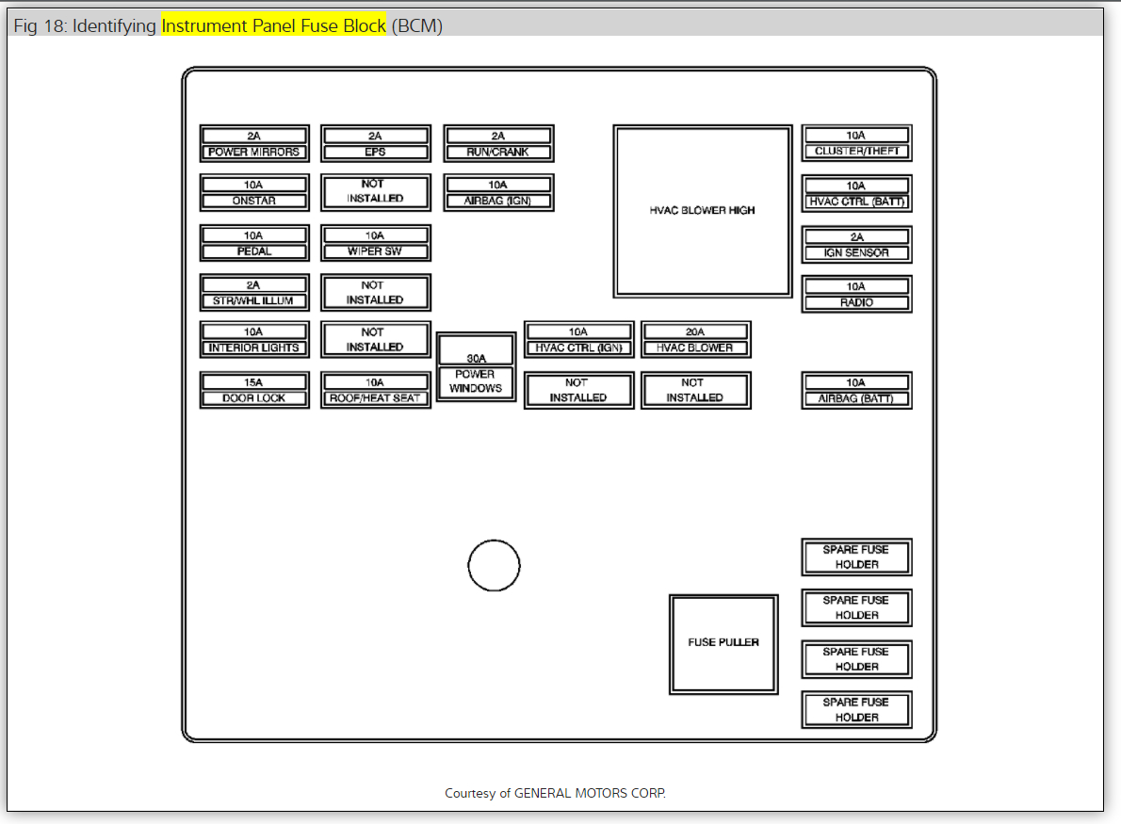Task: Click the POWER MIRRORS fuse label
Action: tap(253, 152)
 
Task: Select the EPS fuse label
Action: tap(375, 152)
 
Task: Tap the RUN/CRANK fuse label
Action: tap(498, 152)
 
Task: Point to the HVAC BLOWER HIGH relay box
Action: tap(702, 211)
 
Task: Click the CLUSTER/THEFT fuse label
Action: tap(856, 152)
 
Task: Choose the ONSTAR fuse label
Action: tap(253, 201)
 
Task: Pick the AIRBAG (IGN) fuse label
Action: tap(498, 201)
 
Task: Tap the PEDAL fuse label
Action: tap(253, 251)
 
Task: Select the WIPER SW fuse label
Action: tap(375, 251)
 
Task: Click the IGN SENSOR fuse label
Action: tap(856, 252)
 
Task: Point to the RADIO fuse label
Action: tap(856, 302)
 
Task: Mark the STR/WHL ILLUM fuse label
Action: tap(253, 301)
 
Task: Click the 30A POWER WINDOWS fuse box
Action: tap(476, 367)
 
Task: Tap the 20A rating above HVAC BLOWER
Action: tap(695, 331)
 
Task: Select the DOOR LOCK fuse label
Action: tap(253, 398)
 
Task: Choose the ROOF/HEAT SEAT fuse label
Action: tap(375, 398)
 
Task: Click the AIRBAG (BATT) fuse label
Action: tap(856, 398)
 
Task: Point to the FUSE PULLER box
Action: tap(723, 644)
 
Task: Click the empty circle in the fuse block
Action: tap(494, 566)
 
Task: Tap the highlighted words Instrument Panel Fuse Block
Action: tap(273, 26)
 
